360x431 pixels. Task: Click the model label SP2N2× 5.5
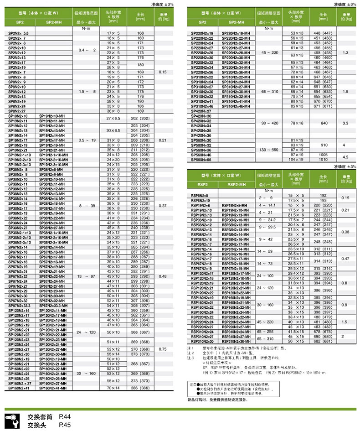click(19, 34)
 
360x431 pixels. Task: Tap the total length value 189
click(140, 111)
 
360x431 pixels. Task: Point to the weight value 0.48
click(162, 276)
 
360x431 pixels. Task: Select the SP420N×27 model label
click(201, 111)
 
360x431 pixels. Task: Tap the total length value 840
click(324, 123)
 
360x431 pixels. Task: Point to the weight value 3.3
click(345, 123)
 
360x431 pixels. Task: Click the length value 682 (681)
click(324, 341)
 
